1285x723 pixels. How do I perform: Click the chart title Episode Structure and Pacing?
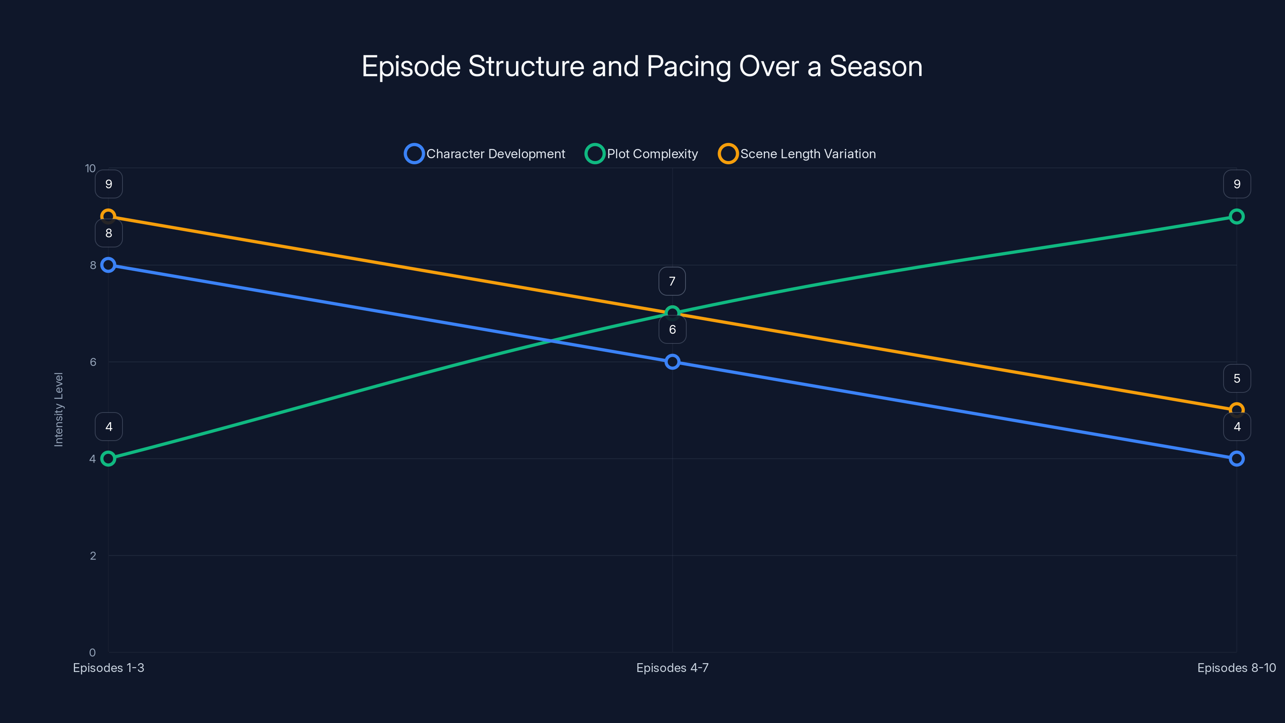[642, 66]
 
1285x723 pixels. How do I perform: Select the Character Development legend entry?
[485, 154]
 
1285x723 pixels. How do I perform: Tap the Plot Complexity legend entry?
[642, 154]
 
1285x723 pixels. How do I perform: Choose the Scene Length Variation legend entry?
[797, 154]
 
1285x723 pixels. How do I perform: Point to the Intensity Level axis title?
[59, 410]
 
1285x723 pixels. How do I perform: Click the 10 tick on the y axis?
[90, 169]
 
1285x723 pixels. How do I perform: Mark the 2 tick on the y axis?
[93, 556]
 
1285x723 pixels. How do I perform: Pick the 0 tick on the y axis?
[92, 653]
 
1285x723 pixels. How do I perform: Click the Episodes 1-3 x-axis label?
[108, 668]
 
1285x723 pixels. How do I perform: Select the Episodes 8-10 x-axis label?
[1236, 668]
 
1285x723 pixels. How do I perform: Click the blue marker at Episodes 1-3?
[108, 265]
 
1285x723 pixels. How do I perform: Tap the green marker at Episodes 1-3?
[108, 459]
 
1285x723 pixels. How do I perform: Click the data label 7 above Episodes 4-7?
[672, 282]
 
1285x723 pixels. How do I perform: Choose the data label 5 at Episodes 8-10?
[1237, 379]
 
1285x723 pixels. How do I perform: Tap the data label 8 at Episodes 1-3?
[109, 233]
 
